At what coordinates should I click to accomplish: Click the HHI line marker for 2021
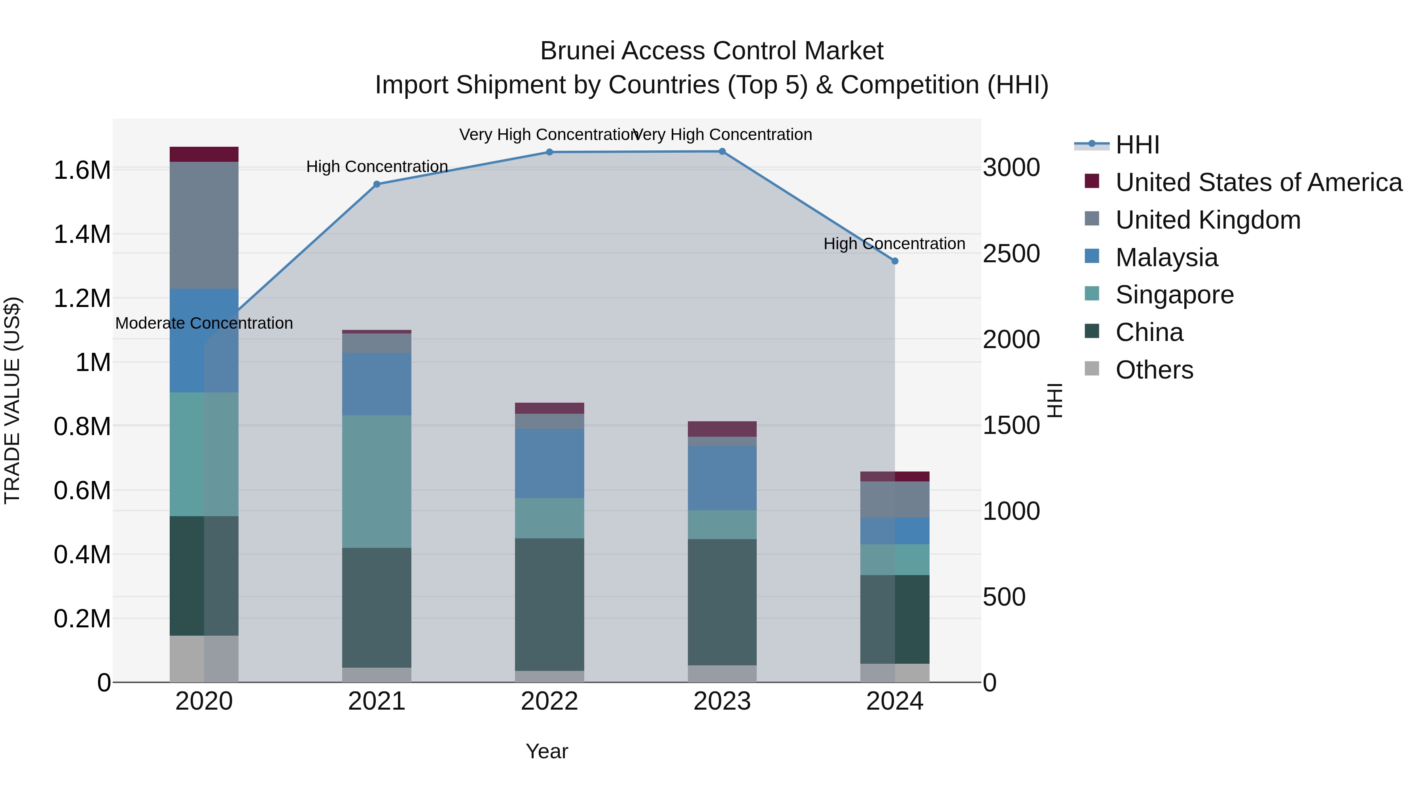pyautogui.click(x=377, y=184)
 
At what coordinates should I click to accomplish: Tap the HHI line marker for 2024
pyautogui.click(x=895, y=261)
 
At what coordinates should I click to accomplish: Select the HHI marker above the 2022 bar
pyautogui.click(x=549, y=152)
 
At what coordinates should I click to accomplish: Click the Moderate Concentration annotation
pyautogui.click(x=204, y=324)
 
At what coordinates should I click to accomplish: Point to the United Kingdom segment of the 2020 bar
pyautogui.click(x=204, y=225)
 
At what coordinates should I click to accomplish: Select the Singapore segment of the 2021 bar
pyautogui.click(x=377, y=481)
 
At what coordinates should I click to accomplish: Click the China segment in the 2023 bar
pyautogui.click(x=722, y=602)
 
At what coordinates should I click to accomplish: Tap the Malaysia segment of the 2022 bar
pyautogui.click(x=549, y=463)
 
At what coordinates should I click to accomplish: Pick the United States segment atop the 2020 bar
pyautogui.click(x=204, y=154)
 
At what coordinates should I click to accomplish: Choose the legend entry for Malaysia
pyautogui.click(x=1166, y=258)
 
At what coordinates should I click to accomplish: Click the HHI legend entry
pyautogui.click(x=1137, y=145)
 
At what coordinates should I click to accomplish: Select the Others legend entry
pyautogui.click(x=1154, y=370)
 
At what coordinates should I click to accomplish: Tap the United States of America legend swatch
pyautogui.click(x=1092, y=181)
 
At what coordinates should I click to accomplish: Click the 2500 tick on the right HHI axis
pyautogui.click(x=1011, y=254)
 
